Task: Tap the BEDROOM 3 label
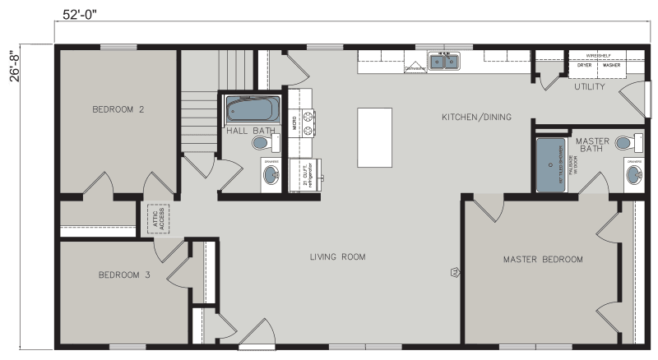124,275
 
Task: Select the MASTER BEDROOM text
543,260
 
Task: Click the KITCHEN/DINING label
476,118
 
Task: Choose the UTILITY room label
590,86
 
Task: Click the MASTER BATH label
592,145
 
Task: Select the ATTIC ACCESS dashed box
156,218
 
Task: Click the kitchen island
374,137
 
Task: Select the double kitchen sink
444,62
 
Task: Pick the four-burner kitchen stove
308,122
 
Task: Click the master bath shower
551,164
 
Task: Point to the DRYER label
584,65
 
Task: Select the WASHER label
610,65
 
